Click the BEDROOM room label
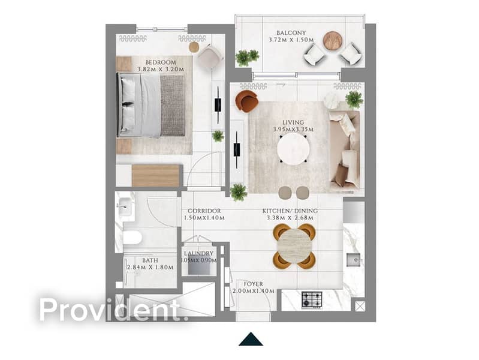click(x=161, y=62)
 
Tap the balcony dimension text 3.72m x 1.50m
click(x=291, y=40)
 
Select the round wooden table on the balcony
click(x=333, y=40)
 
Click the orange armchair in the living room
click(x=247, y=101)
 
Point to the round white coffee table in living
click(x=293, y=149)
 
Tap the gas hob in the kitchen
click(x=312, y=300)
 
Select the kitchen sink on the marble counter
click(x=354, y=260)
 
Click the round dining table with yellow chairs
click(x=294, y=246)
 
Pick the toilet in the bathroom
click(x=132, y=238)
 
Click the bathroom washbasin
click(x=126, y=207)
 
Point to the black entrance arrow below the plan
click(x=251, y=339)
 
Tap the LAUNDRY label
click(x=198, y=253)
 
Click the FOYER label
click(x=253, y=284)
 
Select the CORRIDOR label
click(x=204, y=211)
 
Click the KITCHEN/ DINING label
click(x=290, y=211)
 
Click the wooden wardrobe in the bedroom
click(x=156, y=176)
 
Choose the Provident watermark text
click(x=110, y=310)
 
